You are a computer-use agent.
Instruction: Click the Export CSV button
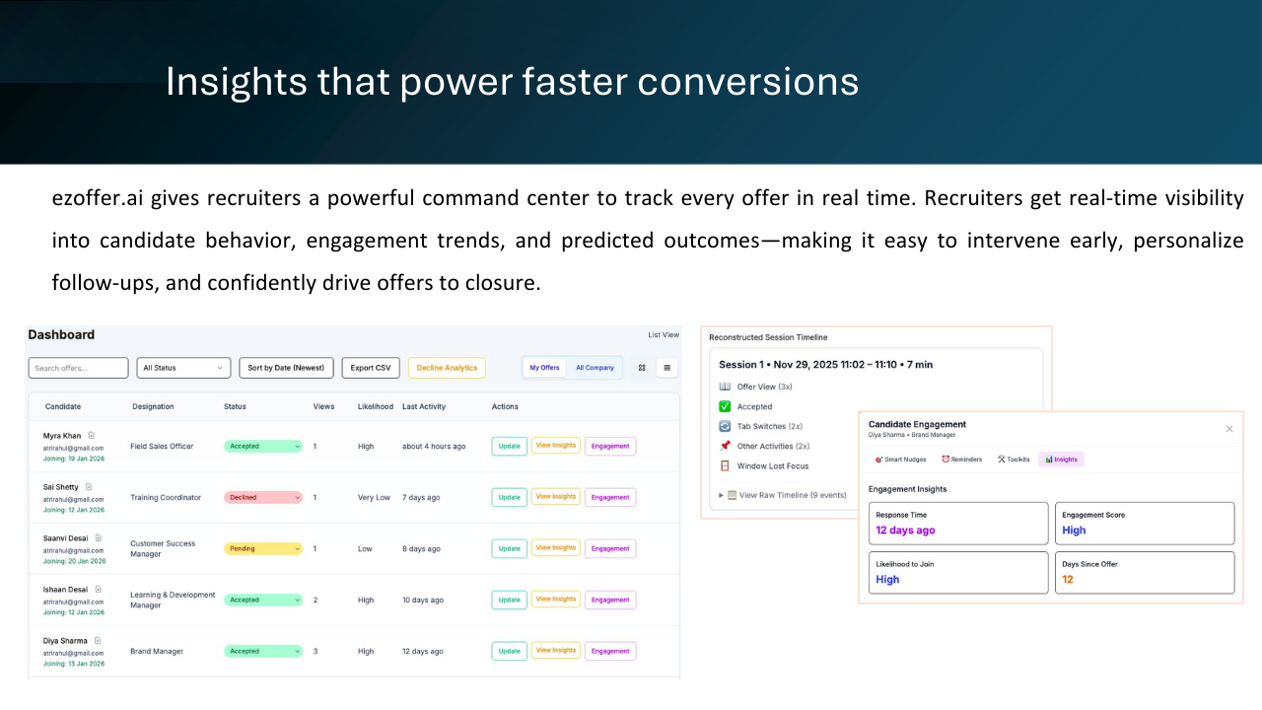click(371, 368)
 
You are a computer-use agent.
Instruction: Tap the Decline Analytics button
click(447, 368)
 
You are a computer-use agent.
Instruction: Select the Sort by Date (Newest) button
click(286, 368)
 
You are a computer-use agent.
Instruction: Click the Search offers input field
click(78, 368)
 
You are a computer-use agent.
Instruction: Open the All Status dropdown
click(183, 368)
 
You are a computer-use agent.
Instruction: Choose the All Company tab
click(595, 368)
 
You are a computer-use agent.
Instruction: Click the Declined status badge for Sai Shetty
click(263, 497)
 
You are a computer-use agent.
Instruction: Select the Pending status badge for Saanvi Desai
click(263, 548)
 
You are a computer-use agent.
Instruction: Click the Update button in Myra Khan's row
click(509, 446)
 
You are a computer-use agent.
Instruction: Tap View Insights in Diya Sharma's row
click(555, 651)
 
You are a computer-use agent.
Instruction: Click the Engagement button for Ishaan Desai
click(610, 600)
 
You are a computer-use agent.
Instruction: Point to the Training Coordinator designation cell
click(165, 497)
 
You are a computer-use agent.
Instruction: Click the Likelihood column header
click(375, 406)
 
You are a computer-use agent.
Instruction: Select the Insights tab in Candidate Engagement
click(1061, 459)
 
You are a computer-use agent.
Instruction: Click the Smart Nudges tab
click(901, 459)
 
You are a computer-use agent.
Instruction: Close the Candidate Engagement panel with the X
click(1228, 429)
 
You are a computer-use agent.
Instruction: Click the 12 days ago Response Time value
click(905, 531)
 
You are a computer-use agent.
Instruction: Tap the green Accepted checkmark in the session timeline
click(726, 406)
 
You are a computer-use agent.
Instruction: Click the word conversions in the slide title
click(747, 82)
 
